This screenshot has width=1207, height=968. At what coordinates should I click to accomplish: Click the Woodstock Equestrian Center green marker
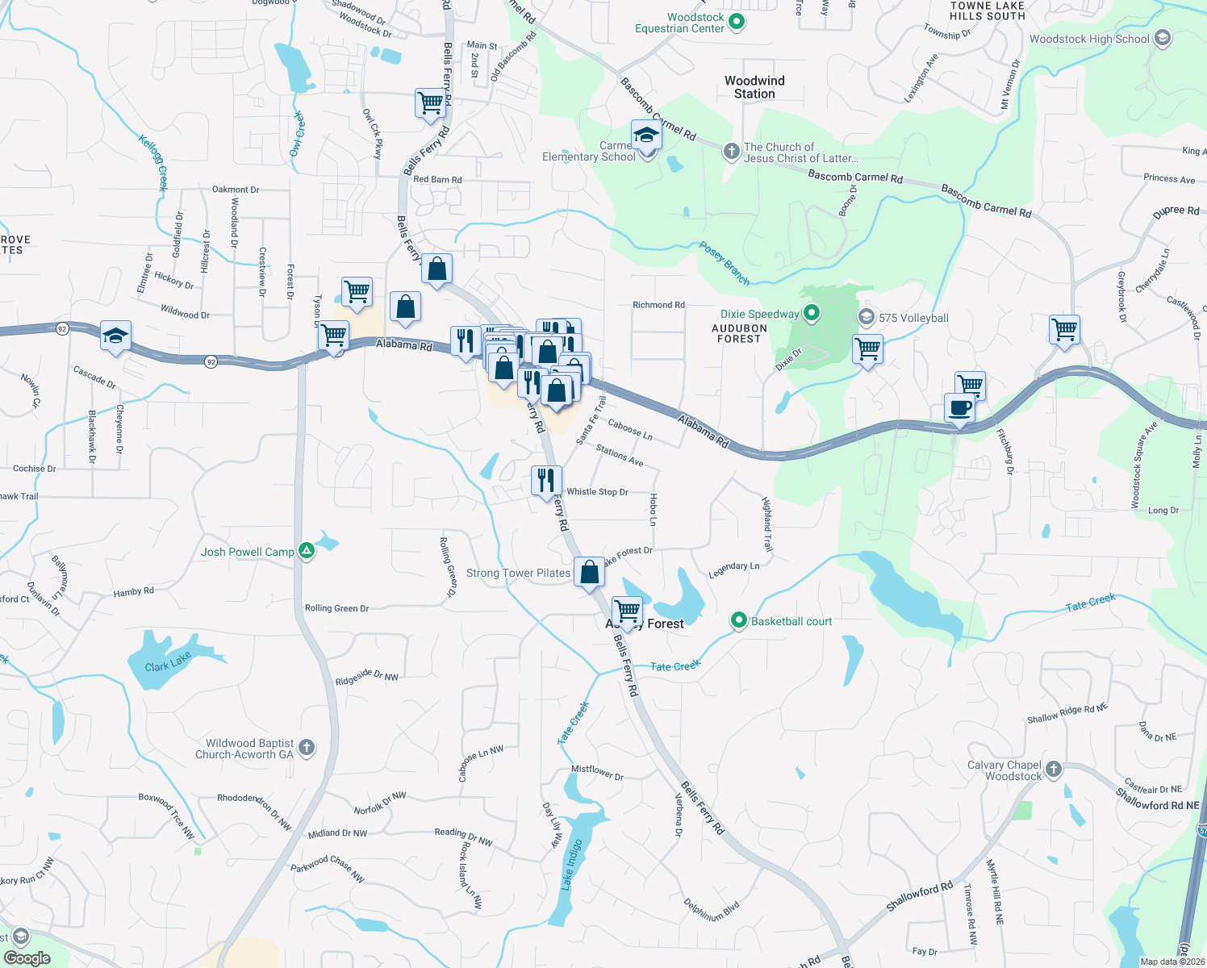[x=736, y=22]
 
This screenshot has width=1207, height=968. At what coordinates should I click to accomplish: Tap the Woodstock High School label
[x=1089, y=39]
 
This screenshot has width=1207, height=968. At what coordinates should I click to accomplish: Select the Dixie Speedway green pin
[x=812, y=313]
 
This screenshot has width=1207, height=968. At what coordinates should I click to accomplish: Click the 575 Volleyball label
[x=913, y=318]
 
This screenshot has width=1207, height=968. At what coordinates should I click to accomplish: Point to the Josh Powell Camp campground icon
[x=307, y=552]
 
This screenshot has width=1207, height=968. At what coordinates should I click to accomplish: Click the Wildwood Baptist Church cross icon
[x=307, y=748]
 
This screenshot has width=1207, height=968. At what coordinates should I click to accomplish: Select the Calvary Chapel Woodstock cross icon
[x=1054, y=770]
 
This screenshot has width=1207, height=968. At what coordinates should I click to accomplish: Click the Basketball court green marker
[x=738, y=620]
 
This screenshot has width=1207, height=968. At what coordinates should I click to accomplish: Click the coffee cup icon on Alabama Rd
[x=959, y=408]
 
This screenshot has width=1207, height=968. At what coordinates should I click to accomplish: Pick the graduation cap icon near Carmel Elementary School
[x=646, y=135]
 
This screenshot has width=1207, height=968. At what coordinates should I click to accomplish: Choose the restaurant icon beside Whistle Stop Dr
[x=546, y=480]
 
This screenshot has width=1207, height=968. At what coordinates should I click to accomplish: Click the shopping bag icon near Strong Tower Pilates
[x=590, y=572]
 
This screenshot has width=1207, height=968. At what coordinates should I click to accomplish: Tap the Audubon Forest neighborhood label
[x=739, y=333]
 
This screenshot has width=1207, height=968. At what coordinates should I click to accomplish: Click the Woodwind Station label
[x=754, y=87]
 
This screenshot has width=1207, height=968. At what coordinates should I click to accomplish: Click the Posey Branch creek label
[x=725, y=264]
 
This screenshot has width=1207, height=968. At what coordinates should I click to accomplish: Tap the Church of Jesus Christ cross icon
[x=731, y=152]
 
